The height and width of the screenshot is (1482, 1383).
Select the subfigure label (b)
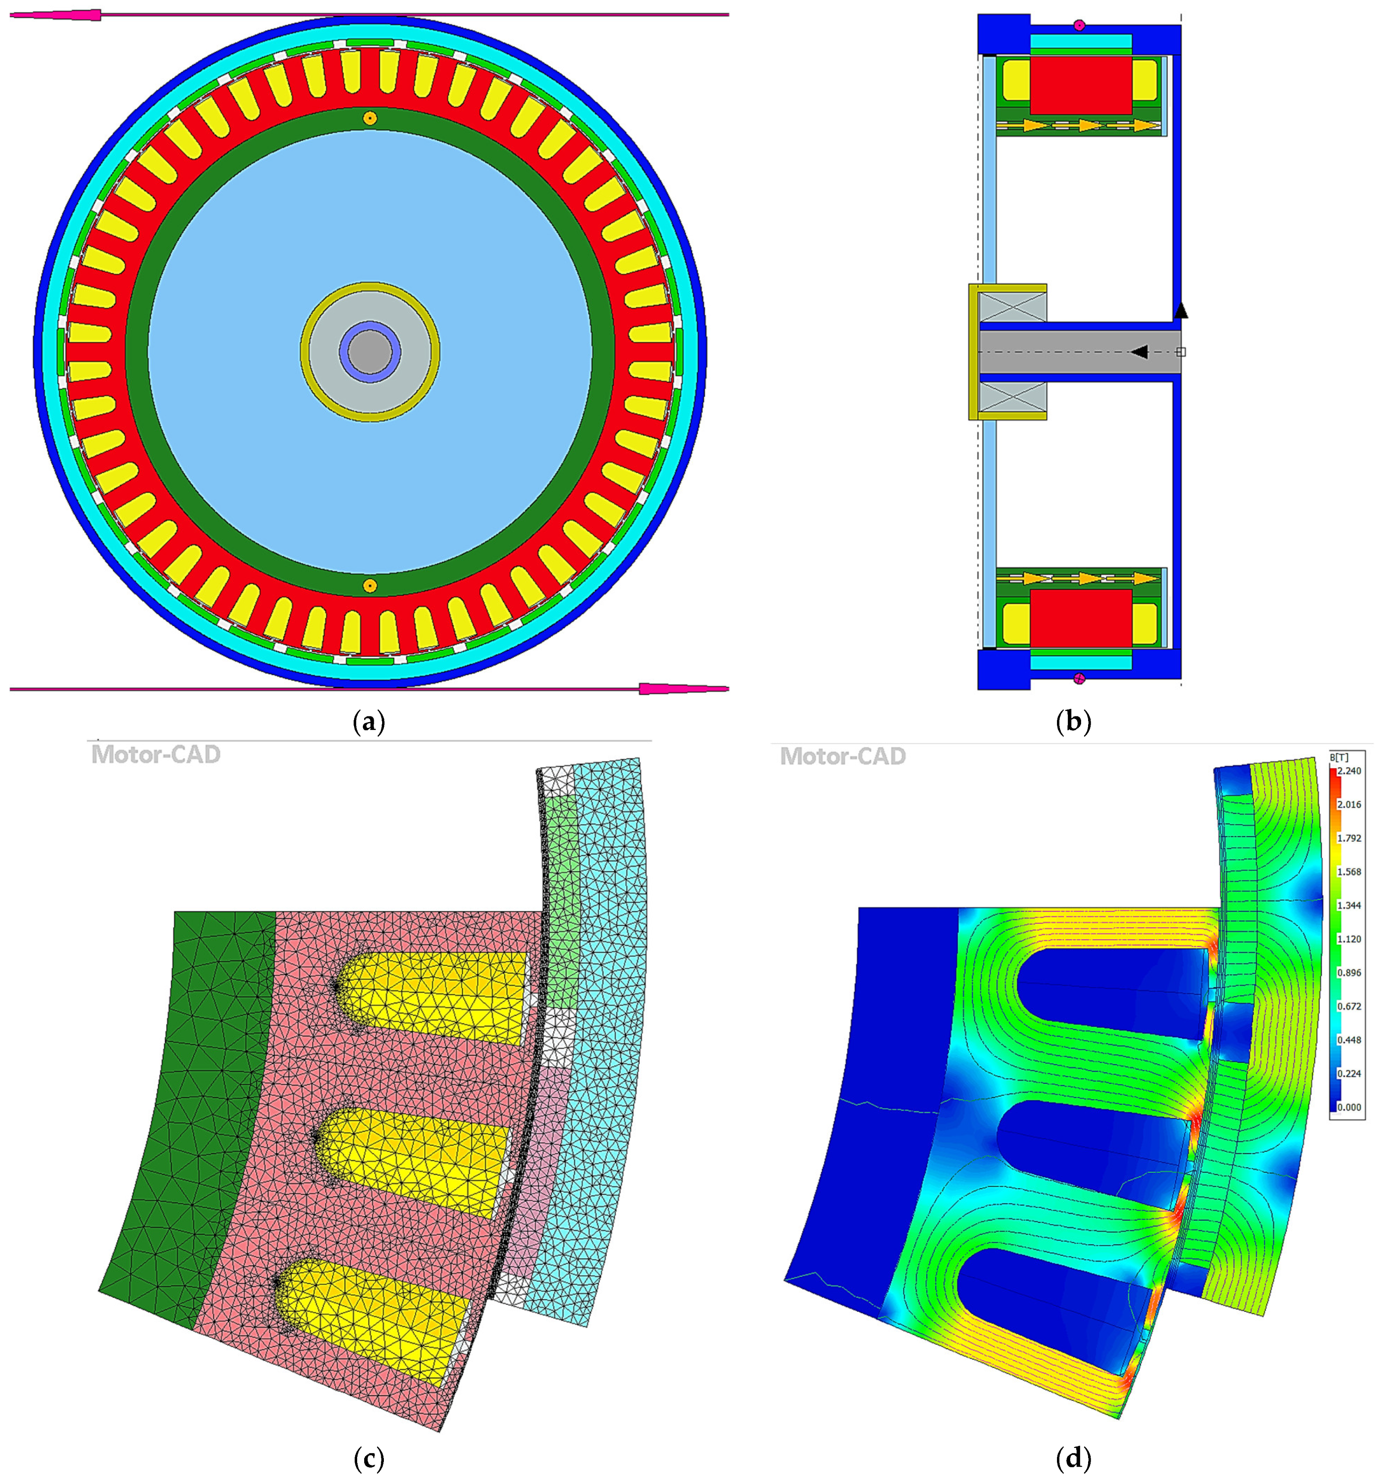pos(1074,722)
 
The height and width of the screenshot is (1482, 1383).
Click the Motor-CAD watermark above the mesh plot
pos(156,755)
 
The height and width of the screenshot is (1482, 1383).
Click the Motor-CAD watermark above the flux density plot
pos(843,756)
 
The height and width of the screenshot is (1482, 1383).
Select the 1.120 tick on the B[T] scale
pos(1349,939)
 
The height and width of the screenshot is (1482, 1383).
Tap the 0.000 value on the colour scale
pos(1349,1107)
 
